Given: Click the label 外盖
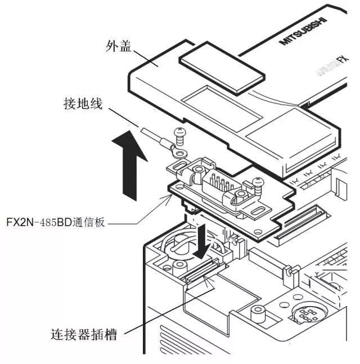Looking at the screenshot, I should pyautogui.click(x=119, y=47).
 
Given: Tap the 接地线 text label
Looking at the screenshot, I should pyautogui.click(x=85, y=104).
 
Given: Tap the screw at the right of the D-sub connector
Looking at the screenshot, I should pyautogui.click(x=258, y=182).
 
